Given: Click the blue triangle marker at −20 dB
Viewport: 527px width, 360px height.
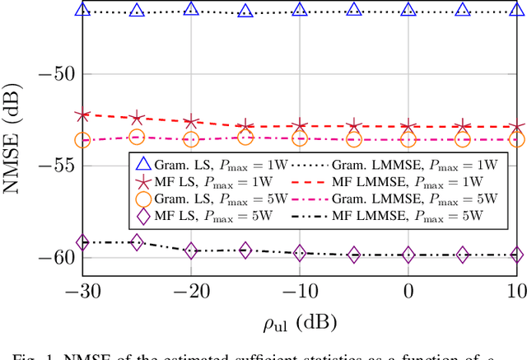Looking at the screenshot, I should tap(191, 9).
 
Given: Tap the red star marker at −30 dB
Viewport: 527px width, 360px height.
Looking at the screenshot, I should tap(82, 115).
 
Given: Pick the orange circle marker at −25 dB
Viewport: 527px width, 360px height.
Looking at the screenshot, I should tap(137, 138).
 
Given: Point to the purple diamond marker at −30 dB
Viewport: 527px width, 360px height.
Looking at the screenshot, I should tap(82, 242).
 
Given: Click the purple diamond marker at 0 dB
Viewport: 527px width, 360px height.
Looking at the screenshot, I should tap(408, 255).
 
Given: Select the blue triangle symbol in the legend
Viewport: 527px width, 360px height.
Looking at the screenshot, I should tap(144, 164).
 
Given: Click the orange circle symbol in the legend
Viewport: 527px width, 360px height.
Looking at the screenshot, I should tap(144, 199).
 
